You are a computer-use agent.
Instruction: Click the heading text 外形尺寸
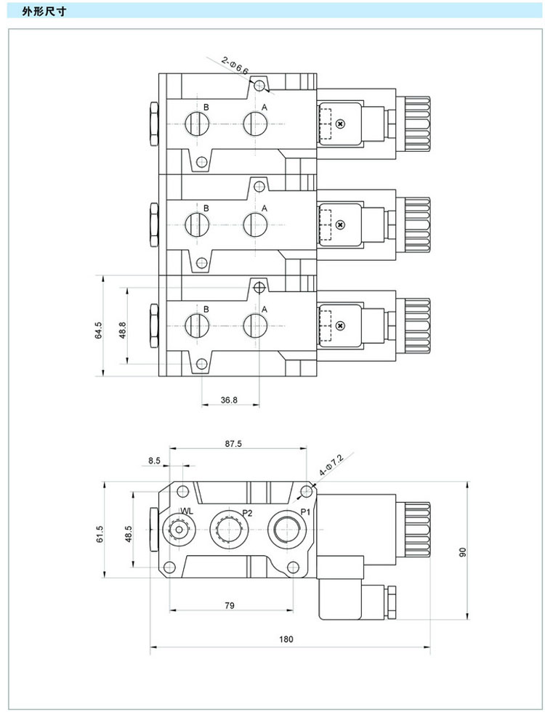(x=40, y=12)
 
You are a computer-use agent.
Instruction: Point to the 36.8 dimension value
(x=230, y=399)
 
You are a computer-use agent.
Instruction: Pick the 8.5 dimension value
(x=154, y=461)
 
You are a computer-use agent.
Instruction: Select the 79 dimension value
(x=230, y=604)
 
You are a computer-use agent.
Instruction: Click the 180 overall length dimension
(x=286, y=639)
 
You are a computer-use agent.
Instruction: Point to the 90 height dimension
(x=460, y=551)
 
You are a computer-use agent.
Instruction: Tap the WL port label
(x=187, y=511)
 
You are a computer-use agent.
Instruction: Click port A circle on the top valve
(x=254, y=122)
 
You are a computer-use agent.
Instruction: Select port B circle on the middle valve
(x=196, y=223)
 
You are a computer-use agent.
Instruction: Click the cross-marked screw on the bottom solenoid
(x=339, y=326)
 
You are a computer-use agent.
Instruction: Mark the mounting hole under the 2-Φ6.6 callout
(x=260, y=86)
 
